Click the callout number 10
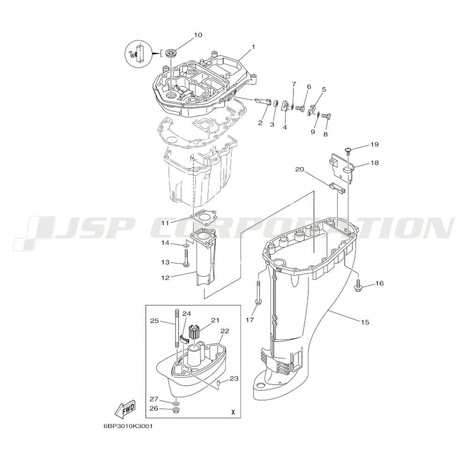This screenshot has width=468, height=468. pos(198,35)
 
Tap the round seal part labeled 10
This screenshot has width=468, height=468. pos(171,55)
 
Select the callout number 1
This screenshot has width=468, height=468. pos(253,47)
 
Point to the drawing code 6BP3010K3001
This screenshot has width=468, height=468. pos(128,426)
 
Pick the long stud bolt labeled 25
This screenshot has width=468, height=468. pos(177,329)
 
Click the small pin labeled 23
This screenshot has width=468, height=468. pos(218,383)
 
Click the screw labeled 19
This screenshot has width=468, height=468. pos(348,150)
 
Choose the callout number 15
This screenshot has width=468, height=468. pos(365,322)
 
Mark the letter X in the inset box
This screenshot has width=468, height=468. pos(233,413)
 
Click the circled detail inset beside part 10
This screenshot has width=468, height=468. pos(138,53)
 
